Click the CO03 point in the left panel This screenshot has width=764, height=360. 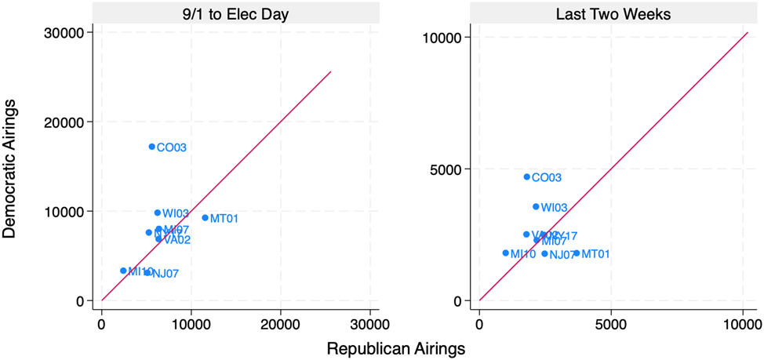(151, 147)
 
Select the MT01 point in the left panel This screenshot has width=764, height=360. (205, 218)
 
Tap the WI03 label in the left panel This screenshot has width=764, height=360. (176, 213)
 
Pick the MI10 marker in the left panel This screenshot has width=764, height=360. (123, 271)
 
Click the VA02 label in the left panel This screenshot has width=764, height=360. (177, 240)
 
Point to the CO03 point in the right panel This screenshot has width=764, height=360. (526, 177)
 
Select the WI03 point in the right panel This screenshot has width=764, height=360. (536, 207)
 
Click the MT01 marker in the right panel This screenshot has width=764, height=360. (577, 253)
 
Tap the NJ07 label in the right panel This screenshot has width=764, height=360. (562, 255)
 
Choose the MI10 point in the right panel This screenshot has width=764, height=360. (505, 253)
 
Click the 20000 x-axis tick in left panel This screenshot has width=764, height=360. (280, 323)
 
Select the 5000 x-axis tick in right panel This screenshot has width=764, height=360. (611, 323)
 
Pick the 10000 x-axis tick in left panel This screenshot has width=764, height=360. (191, 323)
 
